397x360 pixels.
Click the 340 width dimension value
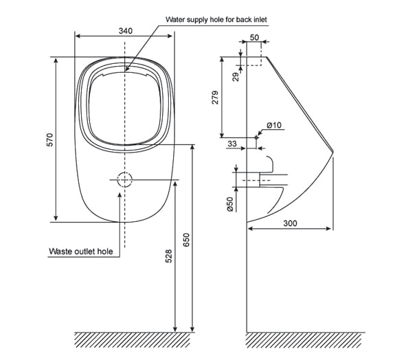click(x=125, y=31)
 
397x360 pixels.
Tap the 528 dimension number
click(x=170, y=256)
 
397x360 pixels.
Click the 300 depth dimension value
click(x=289, y=224)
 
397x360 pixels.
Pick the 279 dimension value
click(x=214, y=98)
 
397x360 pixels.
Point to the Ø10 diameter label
click(x=273, y=125)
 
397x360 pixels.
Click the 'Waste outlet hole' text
click(x=80, y=251)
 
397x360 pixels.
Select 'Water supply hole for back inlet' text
click(x=214, y=19)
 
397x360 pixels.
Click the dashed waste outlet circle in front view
click(x=124, y=180)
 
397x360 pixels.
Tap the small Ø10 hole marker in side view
click(x=256, y=137)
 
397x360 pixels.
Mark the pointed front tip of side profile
click(x=332, y=150)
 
